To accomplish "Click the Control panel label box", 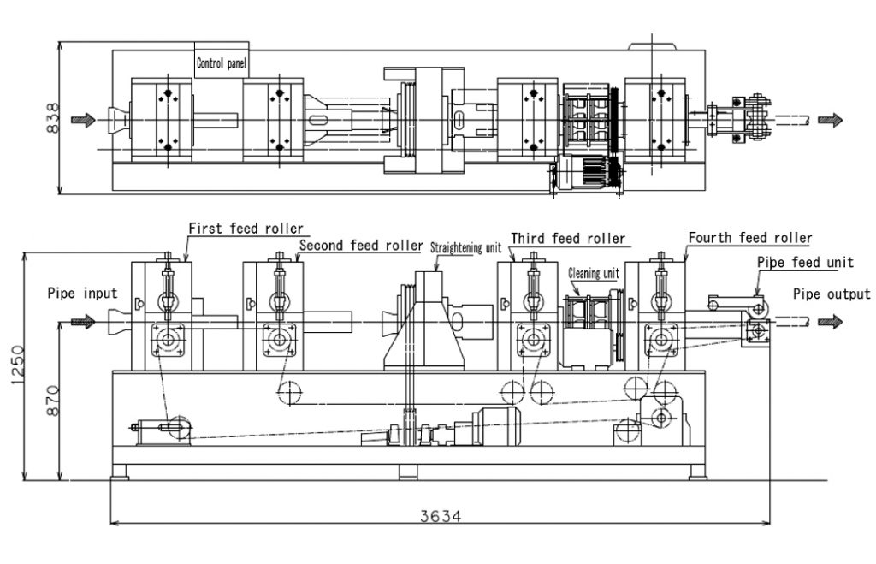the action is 222,60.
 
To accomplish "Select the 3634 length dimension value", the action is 441,516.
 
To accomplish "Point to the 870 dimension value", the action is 52,400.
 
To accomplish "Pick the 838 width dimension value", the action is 52,118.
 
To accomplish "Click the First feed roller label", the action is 246,228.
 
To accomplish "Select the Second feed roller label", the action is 361,246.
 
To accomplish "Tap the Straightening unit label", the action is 466,247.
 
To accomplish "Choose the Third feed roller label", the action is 568,239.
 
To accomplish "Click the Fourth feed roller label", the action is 749,238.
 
